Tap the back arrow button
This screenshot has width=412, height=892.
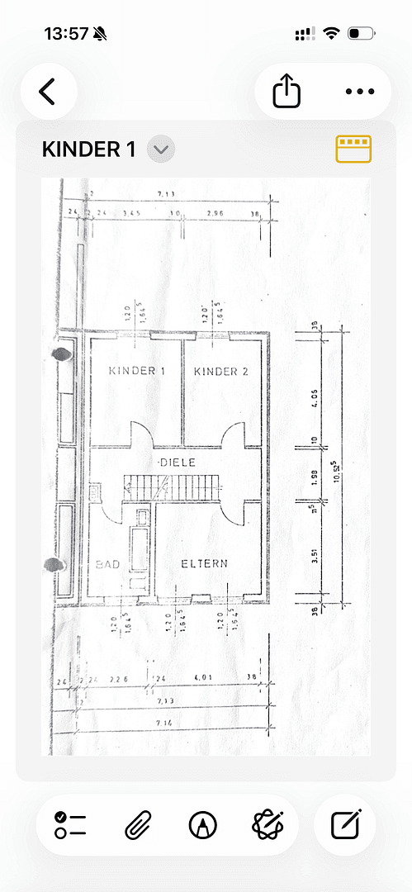(48, 92)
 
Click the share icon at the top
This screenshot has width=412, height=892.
(287, 92)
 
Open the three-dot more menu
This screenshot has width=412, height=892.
(359, 92)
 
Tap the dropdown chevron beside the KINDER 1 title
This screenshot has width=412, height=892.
(161, 149)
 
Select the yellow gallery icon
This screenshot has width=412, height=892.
(353, 149)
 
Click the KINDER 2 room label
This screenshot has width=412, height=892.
(221, 372)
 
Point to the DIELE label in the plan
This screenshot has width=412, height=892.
(178, 463)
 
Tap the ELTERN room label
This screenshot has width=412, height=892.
(205, 563)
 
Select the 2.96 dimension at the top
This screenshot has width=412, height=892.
(216, 213)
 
